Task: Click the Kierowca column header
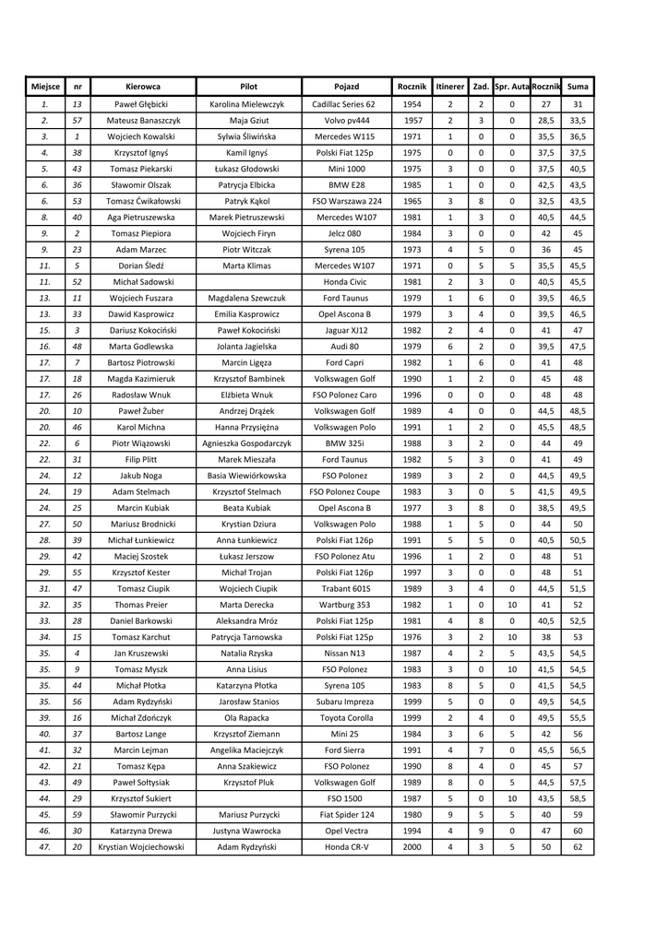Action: point(143,86)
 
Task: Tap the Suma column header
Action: point(579,86)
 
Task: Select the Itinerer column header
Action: point(449,86)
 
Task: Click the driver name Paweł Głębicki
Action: point(143,104)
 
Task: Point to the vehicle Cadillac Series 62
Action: point(344,104)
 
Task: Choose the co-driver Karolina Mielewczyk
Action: point(247,104)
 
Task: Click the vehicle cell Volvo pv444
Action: point(344,120)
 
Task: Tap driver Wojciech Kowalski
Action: point(143,136)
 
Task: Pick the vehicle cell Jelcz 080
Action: point(344,233)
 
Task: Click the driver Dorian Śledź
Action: point(143,265)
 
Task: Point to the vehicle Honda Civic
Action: point(344,281)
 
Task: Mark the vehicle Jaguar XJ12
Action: point(344,330)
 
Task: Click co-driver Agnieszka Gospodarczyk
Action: point(247,442)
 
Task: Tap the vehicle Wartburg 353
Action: point(344,605)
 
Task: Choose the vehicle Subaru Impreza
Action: point(344,702)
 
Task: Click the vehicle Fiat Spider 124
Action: point(344,814)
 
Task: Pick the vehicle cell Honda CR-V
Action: point(344,846)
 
